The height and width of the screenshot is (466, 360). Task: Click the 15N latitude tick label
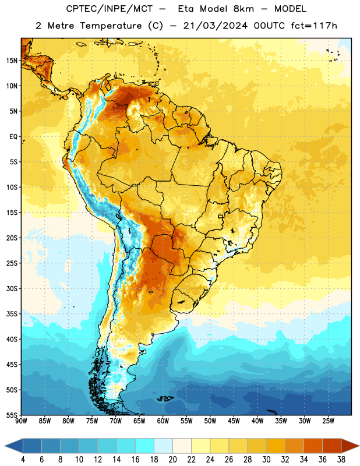12,61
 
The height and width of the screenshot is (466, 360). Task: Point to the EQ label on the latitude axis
13,137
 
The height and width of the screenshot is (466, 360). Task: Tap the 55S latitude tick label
12,415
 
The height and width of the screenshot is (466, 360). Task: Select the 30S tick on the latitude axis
12,288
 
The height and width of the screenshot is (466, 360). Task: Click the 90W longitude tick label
21,421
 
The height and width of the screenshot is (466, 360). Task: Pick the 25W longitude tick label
328,421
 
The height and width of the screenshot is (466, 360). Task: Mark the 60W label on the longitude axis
163,421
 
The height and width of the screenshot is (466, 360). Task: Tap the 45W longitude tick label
234,421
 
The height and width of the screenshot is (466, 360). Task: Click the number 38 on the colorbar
341,460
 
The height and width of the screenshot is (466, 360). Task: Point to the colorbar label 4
23,460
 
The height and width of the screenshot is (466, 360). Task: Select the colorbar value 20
172,460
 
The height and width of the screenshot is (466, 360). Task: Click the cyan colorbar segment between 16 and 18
145,446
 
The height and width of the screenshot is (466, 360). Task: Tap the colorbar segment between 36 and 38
332,446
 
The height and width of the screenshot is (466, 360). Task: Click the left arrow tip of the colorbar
5,446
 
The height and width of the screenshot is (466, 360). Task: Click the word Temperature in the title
111,26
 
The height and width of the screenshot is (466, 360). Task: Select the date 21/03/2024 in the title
215,26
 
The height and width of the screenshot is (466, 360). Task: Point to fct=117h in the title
314,26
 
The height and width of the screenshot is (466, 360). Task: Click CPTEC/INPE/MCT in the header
109,9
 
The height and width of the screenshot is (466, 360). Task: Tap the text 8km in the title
243,9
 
